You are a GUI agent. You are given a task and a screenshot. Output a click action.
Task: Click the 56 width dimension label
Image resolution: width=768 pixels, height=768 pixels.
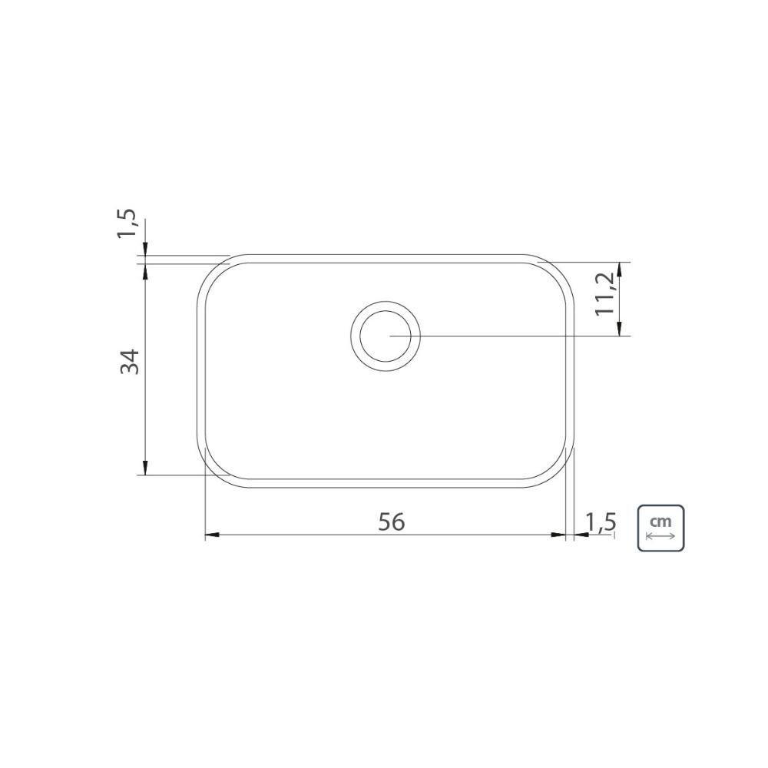pos(392,522)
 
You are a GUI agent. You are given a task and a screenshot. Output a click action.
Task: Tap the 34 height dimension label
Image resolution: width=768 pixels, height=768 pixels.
pos(131,362)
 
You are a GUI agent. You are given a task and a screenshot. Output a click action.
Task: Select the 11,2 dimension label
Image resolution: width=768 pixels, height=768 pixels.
pos(605,294)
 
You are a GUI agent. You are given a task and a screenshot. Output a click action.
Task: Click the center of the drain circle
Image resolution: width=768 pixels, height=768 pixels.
pos(386,336)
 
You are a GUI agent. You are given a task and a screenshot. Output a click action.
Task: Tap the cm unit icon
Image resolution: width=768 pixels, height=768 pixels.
pos(660,528)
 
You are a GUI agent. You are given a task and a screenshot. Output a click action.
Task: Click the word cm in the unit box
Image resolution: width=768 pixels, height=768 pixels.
pos(660,521)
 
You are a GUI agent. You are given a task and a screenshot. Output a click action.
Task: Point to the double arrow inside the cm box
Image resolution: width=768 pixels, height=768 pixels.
pos(660,536)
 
